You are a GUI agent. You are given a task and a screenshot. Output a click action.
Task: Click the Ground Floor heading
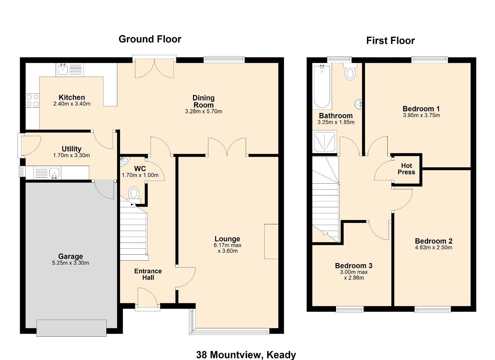[150, 39]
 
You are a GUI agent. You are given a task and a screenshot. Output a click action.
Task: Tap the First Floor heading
[390, 41]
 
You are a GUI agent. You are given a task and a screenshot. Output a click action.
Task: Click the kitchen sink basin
[63, 70]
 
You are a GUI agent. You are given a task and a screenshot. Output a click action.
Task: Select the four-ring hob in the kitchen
[32, 100]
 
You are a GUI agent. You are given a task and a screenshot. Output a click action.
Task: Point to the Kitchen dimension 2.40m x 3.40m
[72, 104]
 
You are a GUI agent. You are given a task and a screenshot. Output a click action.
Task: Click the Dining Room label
[204, 101]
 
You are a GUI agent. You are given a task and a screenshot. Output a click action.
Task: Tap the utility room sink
[54, 173]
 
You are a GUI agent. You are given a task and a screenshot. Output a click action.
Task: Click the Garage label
[70, 256]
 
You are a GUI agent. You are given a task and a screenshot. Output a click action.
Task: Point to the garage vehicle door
[71, 328]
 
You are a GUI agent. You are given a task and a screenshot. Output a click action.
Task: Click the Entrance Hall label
[148, 274]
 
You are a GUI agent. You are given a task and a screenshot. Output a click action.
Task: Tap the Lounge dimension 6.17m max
[227, 245]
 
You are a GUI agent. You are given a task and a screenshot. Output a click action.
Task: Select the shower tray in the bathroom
[324, 142]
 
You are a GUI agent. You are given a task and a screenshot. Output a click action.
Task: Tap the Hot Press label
[406, 169]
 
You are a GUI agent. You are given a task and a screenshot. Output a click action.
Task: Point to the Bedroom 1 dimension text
[421, 115]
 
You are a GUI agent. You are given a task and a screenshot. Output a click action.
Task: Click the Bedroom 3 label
[354, 265]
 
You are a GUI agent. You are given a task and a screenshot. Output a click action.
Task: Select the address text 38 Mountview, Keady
[246, 355]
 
